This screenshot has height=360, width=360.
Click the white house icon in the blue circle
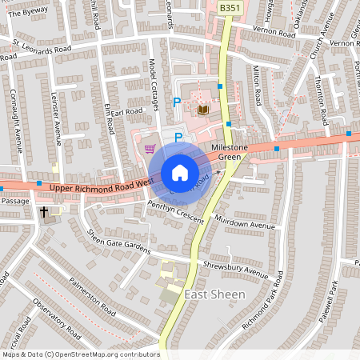click(179, 173)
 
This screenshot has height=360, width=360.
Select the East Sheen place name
click(214, 295)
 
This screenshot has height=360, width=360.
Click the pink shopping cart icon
click(149, 149)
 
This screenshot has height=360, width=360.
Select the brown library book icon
click(202, 109)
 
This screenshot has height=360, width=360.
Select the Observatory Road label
click(56, 318)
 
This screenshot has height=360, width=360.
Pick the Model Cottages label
click(154, 82)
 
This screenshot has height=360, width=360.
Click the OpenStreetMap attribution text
click(80, 354)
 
